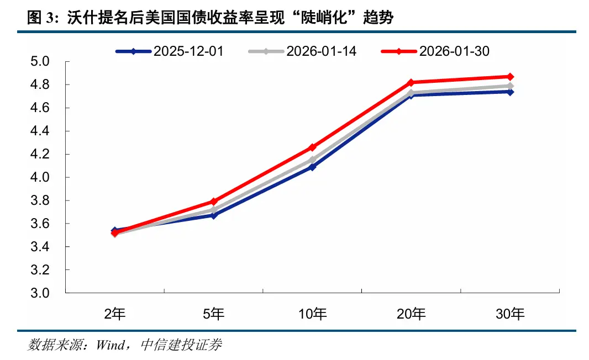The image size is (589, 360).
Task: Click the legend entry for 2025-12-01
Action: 170,51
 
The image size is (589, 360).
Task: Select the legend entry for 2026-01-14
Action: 302,51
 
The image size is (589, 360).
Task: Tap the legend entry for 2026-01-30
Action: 435,51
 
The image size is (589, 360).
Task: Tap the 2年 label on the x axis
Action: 115,315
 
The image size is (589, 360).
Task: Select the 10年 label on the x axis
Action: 312,315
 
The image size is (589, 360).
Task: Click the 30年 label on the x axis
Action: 510,315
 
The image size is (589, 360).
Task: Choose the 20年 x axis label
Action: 411,315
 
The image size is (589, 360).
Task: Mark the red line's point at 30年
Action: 510,77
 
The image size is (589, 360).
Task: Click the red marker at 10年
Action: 312,147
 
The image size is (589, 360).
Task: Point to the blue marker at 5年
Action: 214,215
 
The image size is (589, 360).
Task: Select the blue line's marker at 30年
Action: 510,92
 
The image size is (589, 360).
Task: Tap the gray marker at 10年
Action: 312,160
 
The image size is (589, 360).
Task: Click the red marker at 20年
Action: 411,82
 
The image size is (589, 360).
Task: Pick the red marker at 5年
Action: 214,202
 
